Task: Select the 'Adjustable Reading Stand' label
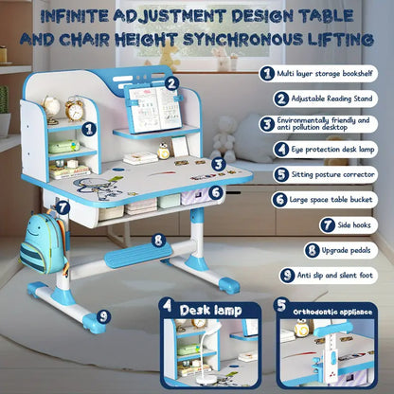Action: (331, 98)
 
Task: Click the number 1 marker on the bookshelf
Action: (88, 128)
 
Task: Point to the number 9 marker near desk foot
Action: (101, 315)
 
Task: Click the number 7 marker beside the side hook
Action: (62, 206)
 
